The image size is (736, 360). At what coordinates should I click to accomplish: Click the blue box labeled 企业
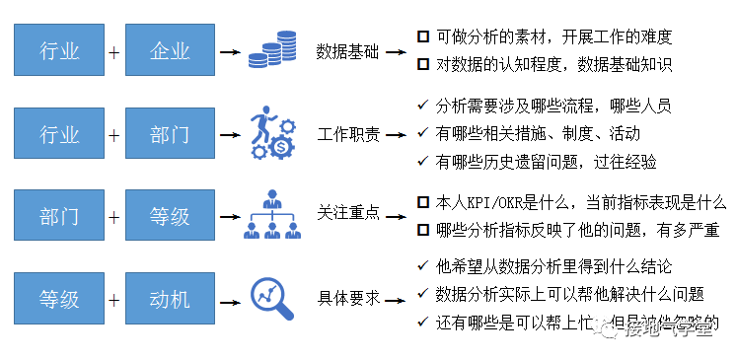[171, 50]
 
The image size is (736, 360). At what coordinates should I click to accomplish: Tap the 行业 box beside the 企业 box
[59, 50]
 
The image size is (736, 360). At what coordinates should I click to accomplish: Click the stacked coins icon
[271, 50]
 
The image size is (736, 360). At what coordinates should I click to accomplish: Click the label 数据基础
[347, 50]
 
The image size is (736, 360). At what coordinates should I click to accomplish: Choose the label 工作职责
[347, 134]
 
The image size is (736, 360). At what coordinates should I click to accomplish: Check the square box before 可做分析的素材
[422, 36]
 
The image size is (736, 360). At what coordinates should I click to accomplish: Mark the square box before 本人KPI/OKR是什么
[422, 203]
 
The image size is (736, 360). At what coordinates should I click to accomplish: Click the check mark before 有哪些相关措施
[422, 132]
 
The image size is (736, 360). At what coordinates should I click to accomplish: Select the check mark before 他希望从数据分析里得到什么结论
[422, 265]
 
